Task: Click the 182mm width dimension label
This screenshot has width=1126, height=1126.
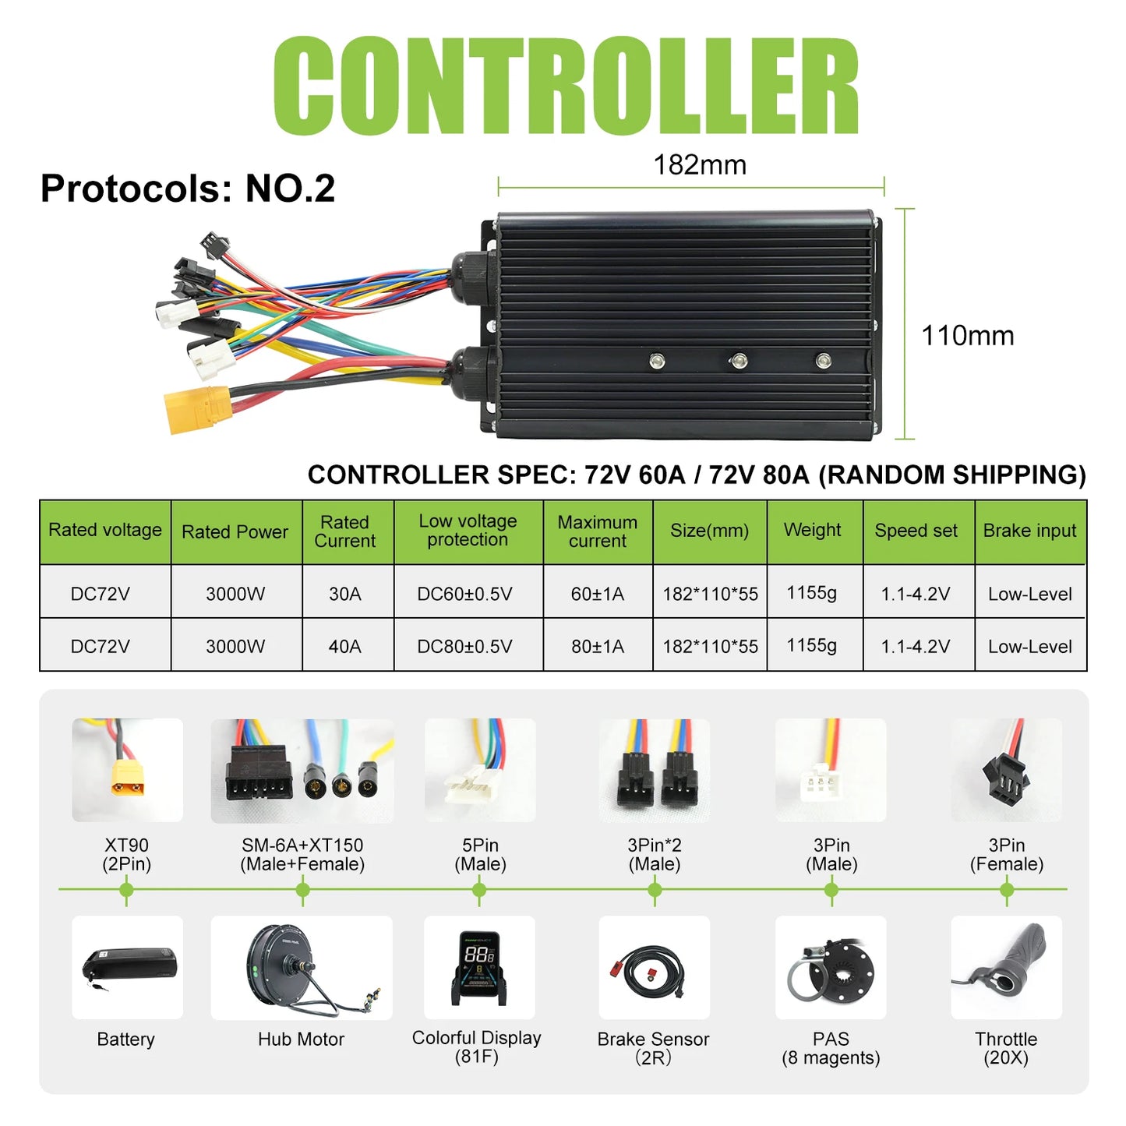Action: [x=700, y=165]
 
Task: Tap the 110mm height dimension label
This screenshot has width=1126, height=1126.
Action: [x=967, y=335]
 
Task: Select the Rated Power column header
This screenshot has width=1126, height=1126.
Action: [x=235, y=531]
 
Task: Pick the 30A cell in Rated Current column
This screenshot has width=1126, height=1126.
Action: [x=344, y=594]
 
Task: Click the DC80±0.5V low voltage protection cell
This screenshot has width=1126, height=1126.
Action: [x=464, y=646]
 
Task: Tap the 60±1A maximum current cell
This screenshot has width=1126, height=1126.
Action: [x=597, y=594]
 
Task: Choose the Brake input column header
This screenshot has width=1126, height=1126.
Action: [x=1029, y=531]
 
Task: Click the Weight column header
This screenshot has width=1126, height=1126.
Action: [x=812, y=530]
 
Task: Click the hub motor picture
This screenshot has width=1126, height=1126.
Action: [x=302, y=968]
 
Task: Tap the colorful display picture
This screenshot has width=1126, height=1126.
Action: [x=479, y=968]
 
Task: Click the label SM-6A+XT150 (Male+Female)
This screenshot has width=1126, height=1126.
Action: [x=302, y=854]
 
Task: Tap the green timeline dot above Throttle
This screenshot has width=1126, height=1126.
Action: [x=1007, y=890]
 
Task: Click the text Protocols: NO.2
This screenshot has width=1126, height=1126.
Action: [x=188, y=189]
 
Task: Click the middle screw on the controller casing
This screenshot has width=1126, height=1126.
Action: [x=739, y=361]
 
